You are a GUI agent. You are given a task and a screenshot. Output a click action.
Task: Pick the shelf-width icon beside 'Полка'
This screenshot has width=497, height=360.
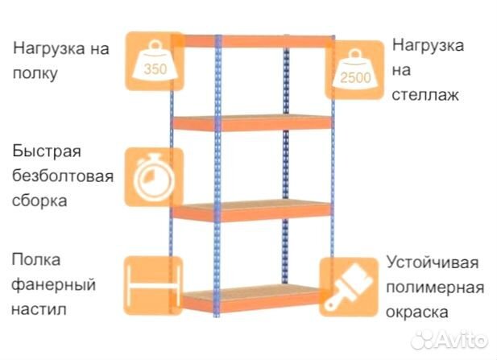(x=153, y=286)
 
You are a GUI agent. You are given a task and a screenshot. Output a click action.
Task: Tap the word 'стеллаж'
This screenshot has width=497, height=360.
(x=425, y=95)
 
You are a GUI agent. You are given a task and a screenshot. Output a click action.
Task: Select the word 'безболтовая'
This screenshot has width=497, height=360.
(x=63, y=176)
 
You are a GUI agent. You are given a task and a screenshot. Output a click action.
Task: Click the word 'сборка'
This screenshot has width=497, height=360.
(x=39, y=201)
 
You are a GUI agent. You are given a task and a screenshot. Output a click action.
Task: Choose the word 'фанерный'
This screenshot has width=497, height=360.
(x=54, y=285)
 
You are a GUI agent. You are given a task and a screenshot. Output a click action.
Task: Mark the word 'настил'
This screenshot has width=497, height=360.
(x=39, y=309)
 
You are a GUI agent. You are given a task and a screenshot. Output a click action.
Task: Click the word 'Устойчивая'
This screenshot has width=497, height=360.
(x=433, y=263)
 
